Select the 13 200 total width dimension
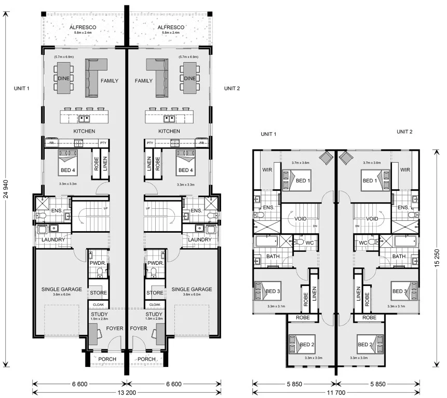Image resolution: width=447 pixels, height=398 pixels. [127, 392]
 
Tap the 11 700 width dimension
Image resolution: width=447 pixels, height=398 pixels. [336, 392]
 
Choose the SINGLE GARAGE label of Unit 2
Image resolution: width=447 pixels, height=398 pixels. [192, 289]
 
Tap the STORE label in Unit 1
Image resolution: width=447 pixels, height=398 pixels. [98, 293]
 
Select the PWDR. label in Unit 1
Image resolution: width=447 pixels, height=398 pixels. [98, 263]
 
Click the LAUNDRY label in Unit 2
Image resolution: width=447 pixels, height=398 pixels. [199, 239]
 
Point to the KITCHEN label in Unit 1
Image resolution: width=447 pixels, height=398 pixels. [84, 131]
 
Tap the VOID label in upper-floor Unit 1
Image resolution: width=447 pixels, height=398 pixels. [301, 219]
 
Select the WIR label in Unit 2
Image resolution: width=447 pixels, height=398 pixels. [405, 169]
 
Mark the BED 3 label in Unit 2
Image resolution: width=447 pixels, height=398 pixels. [400, 291]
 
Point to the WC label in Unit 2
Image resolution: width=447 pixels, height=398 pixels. [363, 242]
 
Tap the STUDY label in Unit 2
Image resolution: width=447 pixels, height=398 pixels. [154, 314]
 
